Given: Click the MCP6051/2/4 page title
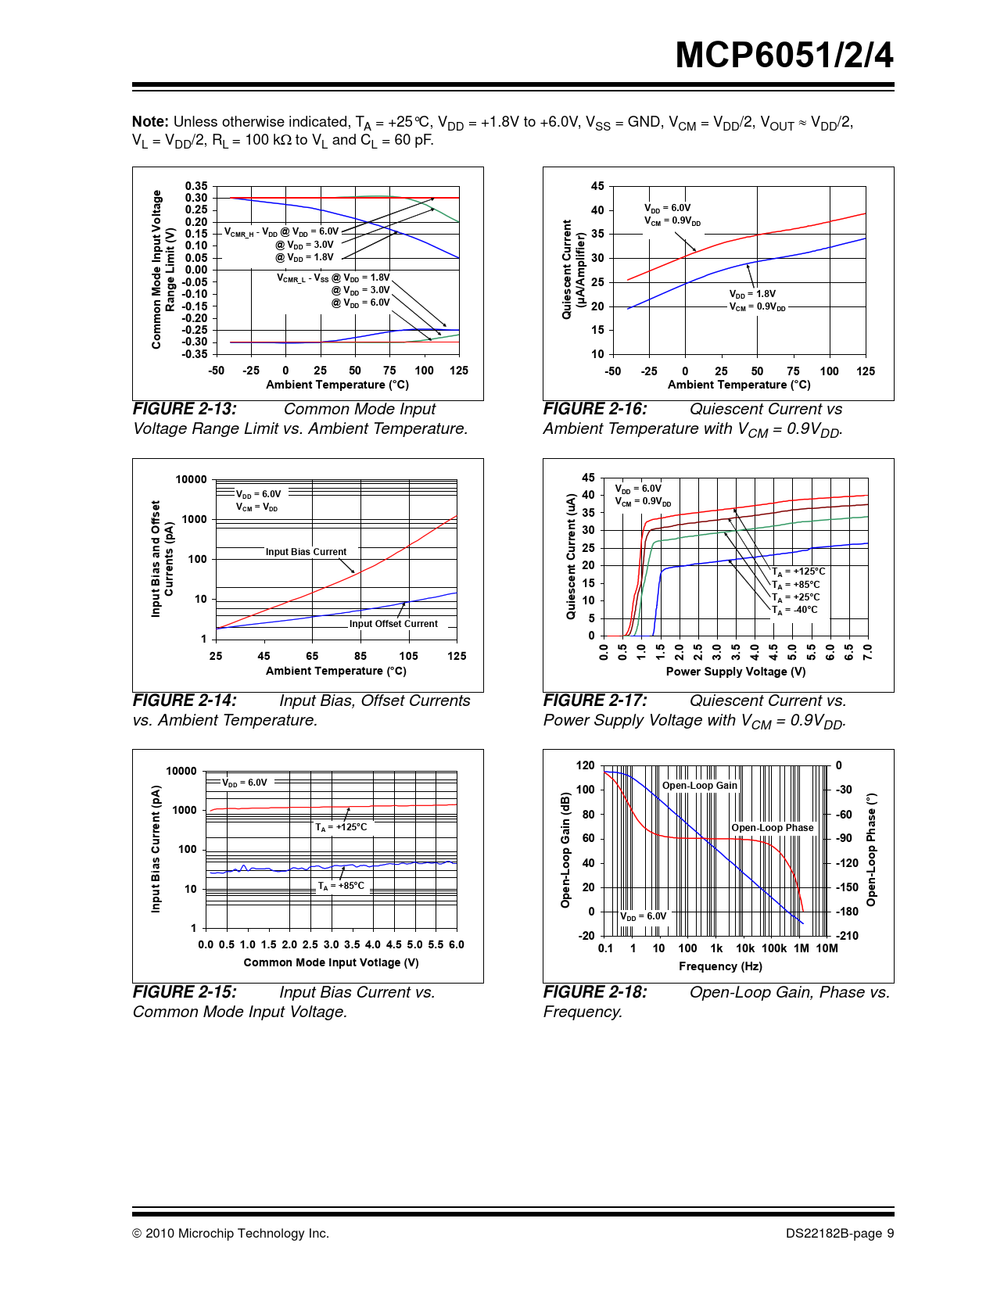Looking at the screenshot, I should tap(784, 56).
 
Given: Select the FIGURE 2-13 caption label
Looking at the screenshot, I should tap(185, 409).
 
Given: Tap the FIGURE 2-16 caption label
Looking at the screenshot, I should tap(595, 409).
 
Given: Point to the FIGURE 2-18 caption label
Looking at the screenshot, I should tap(595, 992).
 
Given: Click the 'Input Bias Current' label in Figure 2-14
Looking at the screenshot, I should tap(306, 552).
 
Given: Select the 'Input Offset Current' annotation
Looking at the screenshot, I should tap(393, 624).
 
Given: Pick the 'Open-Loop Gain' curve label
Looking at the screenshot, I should tap(700, 786).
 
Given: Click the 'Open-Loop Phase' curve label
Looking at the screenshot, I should tap(773, 828).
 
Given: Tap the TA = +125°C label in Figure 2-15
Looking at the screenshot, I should tap(341, 827).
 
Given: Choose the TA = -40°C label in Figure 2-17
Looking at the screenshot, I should tap(795, 610).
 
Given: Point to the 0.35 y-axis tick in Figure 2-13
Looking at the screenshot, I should tap(196, 186).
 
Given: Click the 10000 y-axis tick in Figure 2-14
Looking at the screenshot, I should tap(191, 480).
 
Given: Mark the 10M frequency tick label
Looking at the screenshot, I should tap(827, 948).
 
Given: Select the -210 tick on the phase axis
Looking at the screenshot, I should tap(847, 936).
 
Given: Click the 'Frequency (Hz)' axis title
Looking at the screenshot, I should tap(720, 966).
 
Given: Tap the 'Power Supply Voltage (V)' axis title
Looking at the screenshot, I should tap(736, 672).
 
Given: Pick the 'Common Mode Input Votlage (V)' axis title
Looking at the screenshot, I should tap(331, 962).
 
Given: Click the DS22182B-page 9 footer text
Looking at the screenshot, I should tap(840, 1234).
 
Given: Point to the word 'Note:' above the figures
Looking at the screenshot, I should tap(150, 122).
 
